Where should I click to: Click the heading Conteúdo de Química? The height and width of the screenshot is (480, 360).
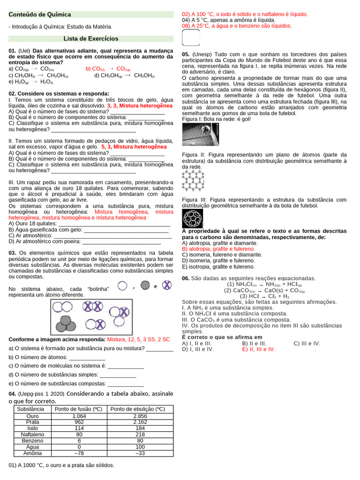[40, 15]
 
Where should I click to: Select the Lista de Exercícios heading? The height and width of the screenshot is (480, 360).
[91, 38]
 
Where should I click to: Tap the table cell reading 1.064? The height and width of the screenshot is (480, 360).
[79, 416]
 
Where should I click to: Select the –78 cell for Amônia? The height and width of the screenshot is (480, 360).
[79, 453]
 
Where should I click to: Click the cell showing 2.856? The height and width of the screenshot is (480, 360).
[140, 416]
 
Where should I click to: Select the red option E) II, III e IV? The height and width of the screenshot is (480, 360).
[259, 349]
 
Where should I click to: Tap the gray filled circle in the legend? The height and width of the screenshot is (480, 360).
[145, 285]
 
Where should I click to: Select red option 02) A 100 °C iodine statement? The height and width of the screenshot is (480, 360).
[245, 15]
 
